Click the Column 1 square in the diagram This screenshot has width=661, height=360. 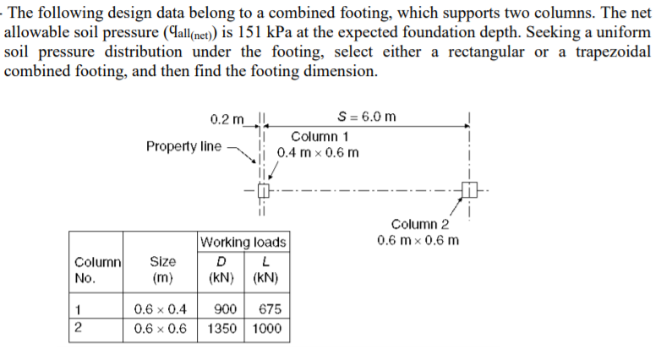pos(263,190)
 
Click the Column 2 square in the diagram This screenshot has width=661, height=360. pos(469,189)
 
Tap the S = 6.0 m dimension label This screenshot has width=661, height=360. pos(367,117)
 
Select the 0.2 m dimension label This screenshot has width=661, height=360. pos(227,119)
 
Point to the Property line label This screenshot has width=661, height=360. pos(183,146)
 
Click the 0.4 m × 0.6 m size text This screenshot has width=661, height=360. pos(318,153)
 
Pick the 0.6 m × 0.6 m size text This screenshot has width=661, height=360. pos(418,240)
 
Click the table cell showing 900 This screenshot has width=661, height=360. pos(225,309)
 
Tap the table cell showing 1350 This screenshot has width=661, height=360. pos(221,329)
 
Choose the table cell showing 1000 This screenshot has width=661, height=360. pos(266,329)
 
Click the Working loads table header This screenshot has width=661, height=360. pos(243,242)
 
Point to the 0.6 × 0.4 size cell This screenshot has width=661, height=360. pos(161,309)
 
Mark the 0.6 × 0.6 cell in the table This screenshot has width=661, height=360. pos(161,329)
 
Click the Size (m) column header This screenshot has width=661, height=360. pos(163,270)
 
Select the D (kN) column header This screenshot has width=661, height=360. pos(221,270)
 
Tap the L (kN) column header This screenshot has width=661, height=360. pos(265,270)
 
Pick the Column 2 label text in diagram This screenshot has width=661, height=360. pos(420,224)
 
